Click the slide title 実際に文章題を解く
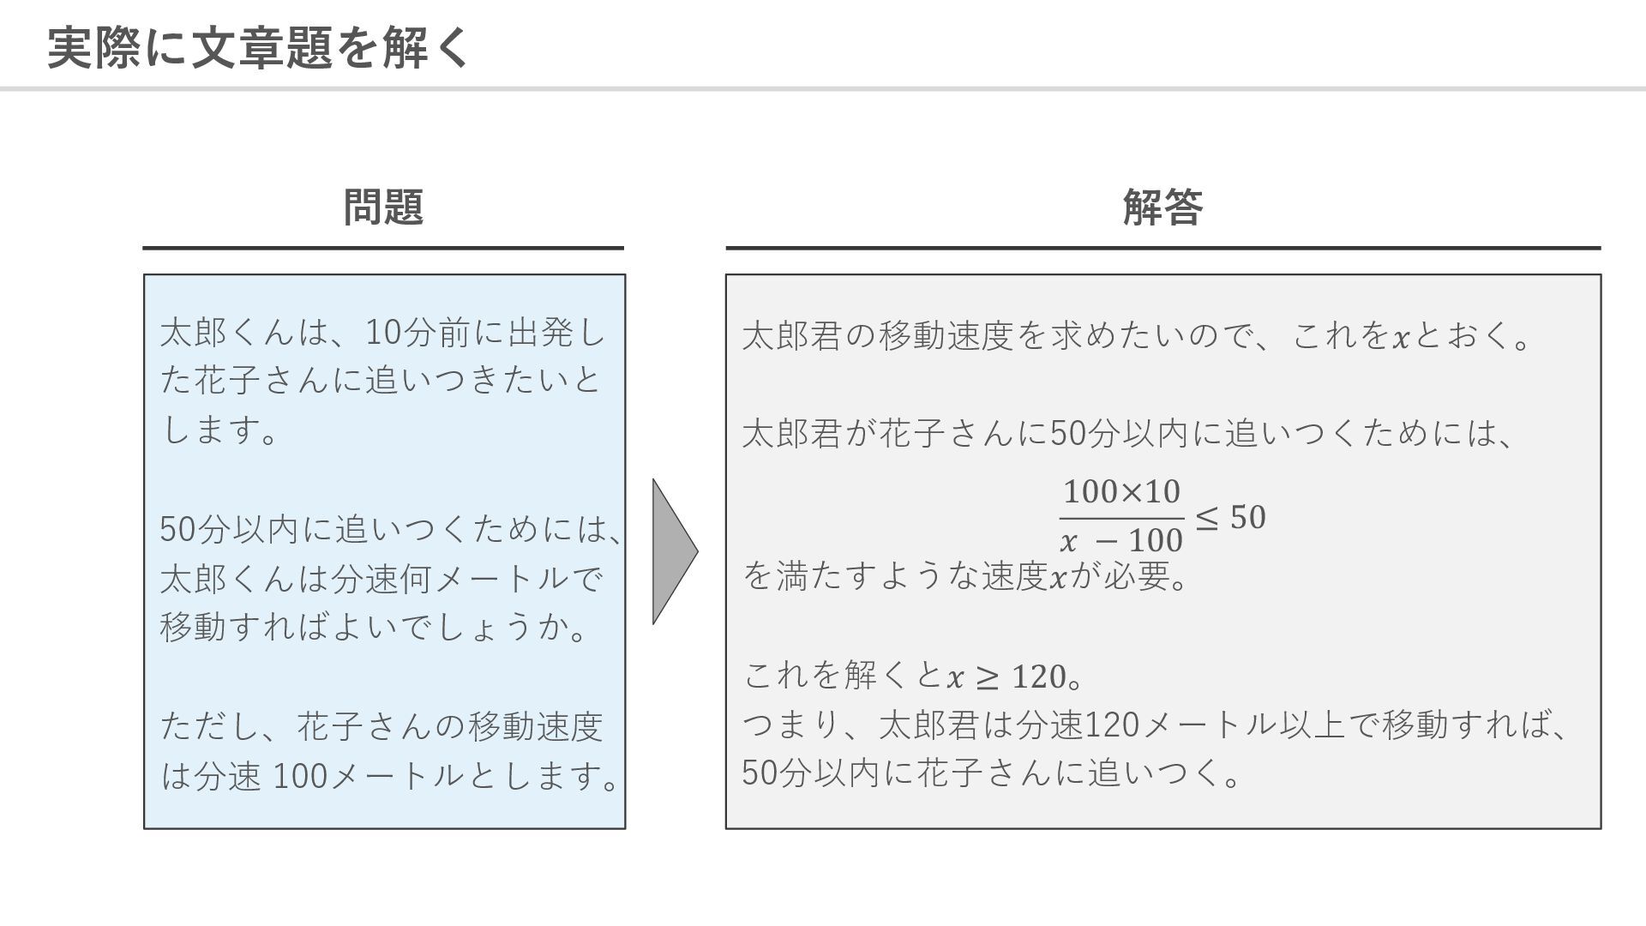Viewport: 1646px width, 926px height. (x=257, y=48)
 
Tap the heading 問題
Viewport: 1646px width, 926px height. (x=383, y=207)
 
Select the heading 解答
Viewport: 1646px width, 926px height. (x=1162, y=207)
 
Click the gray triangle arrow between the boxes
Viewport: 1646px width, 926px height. (x=673, y=551)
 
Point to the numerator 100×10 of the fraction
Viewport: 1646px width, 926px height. (x=1121, y=492)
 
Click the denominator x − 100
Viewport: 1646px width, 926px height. (x=1121, y=541)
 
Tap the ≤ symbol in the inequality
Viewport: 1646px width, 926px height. (x=1206, y=517)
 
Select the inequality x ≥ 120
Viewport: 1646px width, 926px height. (x=1005, y=677)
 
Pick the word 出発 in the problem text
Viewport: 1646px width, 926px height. (x=540, y=333)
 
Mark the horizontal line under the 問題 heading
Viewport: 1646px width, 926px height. (x=383, y=248)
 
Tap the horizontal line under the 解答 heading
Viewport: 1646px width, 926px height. (x=1162, y=248)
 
